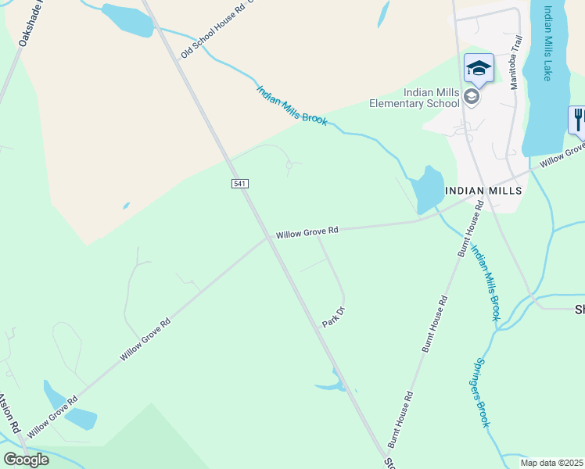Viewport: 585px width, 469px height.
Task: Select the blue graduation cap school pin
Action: (479, 68)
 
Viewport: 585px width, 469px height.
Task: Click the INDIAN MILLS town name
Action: (483, 191)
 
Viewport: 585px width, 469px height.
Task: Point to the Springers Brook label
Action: (481, 392)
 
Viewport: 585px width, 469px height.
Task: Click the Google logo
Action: (27, 459)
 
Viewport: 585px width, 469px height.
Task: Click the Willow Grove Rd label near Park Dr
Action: (307, 232)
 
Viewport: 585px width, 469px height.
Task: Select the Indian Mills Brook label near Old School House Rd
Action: (292, 105)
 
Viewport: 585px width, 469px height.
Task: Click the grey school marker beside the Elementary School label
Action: (471, 97)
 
